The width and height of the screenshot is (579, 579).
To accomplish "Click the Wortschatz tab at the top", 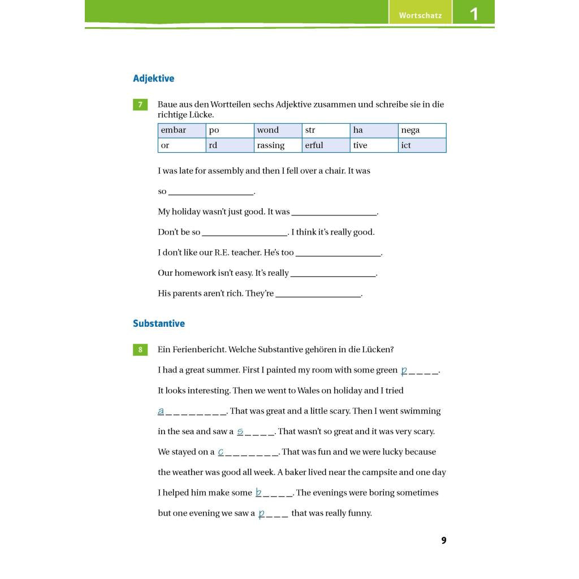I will click(420, 15).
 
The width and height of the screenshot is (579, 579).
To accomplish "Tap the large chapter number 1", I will click(474, 14).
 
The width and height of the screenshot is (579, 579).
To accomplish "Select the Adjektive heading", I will click(153, 79).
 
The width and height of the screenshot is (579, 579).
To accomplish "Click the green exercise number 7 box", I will click(140, 105).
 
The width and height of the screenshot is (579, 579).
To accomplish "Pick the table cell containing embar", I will click(182, 131).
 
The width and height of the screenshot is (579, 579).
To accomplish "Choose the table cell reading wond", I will click(278, 131).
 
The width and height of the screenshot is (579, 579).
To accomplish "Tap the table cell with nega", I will click(422, 131).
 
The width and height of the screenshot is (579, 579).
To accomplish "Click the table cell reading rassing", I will click(278, 145).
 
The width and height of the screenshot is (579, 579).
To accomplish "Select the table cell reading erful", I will click(326, 145).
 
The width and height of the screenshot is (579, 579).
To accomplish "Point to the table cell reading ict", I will click(422, 145).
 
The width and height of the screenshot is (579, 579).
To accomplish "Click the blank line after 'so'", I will click(211, 192).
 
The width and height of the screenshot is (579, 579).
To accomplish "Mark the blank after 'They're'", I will click(318, 294).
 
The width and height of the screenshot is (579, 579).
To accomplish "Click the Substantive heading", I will click(159, 323).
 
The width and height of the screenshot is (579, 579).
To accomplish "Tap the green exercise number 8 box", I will click(140, 349).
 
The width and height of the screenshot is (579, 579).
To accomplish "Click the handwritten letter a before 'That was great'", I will click(161, 411).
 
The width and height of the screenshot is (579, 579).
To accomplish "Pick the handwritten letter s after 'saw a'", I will click(240, 431).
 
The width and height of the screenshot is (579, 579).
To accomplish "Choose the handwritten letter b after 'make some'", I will click(258, 492).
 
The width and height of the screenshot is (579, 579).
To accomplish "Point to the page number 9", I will click(444, 541).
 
